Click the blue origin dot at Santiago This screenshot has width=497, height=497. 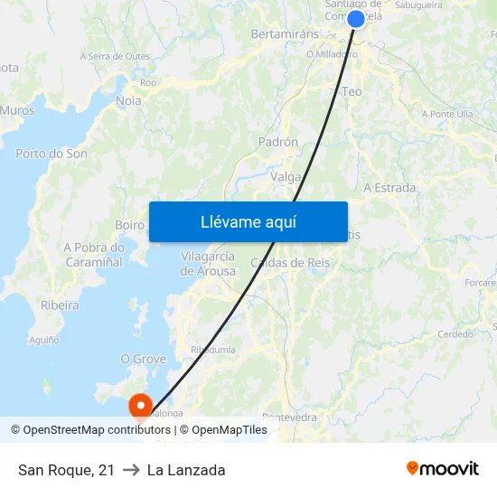356,19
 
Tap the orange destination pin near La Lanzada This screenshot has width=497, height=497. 141,406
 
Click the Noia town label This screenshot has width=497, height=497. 128,101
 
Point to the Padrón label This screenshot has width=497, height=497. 278,142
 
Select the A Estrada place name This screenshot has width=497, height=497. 389,188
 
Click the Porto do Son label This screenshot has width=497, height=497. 52,154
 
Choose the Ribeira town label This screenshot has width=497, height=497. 60,305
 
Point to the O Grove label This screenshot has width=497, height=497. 144,359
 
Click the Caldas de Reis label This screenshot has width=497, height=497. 290,263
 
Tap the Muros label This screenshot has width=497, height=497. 18,110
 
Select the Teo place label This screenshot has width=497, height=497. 352,91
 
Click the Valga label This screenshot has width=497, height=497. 286,177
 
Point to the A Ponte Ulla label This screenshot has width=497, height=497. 447,114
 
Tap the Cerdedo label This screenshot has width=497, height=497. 455,333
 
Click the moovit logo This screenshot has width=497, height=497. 443,468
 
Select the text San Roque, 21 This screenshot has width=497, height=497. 66,470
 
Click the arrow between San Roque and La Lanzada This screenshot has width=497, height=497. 131,470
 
